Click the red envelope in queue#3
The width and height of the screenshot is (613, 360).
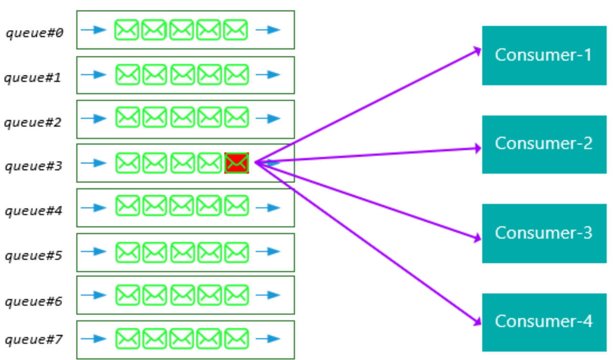[x=237, y=163]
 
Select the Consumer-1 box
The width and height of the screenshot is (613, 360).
[x=544, y=55]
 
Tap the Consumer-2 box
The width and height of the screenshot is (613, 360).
[x=544, y=144]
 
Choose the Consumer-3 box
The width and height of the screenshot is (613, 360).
[x=544, y=233]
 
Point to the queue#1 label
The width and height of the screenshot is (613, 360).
[x=33, y=77]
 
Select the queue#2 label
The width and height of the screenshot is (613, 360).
[x=33, y=122]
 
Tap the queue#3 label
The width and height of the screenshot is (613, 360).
[x=33, y=166]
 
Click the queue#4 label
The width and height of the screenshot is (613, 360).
[x=33, y=211]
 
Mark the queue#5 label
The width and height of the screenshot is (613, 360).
[x=33, y=256]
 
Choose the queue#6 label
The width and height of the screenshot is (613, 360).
[x=33, y=301]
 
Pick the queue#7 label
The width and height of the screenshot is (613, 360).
[x=33, y=340]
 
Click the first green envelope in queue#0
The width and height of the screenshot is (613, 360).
[x=127, y=30]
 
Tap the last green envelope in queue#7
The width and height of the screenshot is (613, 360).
[x=237, y=339]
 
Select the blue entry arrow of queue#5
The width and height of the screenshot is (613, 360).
[x=93, y=251]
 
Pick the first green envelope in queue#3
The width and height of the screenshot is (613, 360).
[x=128, y=163]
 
